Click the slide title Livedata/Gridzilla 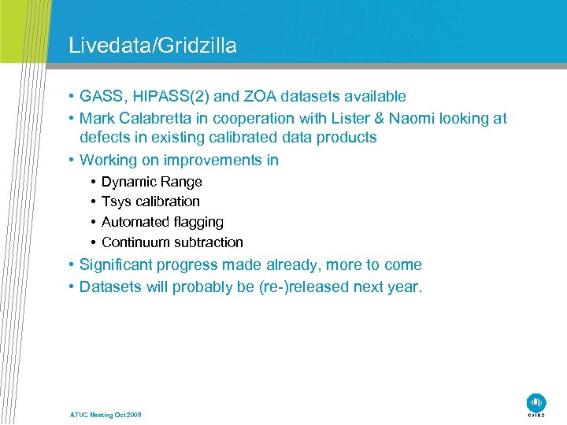point(152,46)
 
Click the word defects point(103,138)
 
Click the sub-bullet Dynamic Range point(151,182)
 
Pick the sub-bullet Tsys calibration point(150,201)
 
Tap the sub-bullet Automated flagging point(162,222)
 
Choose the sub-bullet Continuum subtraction point(172,242)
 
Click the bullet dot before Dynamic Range point(93,182)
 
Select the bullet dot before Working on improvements point(71,161)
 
